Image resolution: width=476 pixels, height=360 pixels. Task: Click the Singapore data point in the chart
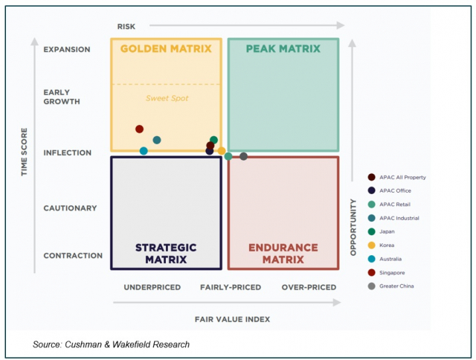139,129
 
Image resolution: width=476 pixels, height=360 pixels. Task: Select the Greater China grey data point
243,156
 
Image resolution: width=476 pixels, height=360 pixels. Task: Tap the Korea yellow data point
222,151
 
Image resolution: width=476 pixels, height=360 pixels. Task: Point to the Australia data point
144,151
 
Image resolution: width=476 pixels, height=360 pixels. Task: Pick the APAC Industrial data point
157,140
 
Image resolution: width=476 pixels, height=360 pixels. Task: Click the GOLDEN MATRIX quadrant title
166,49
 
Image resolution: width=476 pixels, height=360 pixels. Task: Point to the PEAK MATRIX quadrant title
283,49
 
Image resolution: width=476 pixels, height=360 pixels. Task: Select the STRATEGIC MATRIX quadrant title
165,253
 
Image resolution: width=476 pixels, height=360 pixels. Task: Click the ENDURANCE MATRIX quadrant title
283,253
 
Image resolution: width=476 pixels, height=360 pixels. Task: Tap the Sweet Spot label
166,98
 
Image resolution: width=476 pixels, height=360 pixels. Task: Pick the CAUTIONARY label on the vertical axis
70,208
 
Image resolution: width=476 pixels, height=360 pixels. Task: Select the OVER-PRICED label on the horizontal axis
309,287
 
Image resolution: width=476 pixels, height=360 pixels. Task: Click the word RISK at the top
126,27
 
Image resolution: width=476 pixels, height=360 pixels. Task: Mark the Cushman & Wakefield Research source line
112,344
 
